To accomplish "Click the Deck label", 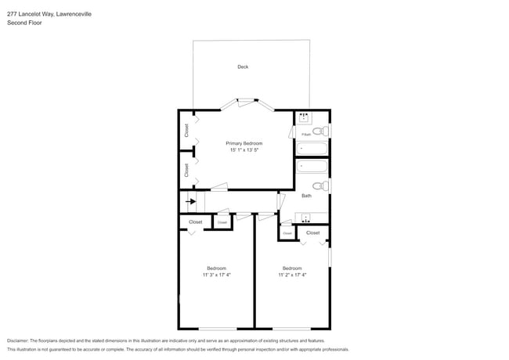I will pos(243,67).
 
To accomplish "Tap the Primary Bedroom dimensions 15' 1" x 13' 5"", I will pos(244,150).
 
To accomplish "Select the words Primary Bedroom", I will pos(244,143).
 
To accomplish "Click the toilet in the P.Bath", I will pos(320,131).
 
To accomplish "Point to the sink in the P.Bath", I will pos(305,119).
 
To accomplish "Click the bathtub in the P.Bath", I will pos(312,149).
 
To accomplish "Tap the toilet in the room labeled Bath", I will pos(320,185).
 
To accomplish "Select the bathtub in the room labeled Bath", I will pos(312,166).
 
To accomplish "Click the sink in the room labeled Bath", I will pos(305,217).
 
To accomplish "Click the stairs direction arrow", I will pos(190,201).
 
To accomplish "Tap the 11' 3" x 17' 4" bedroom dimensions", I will pos(216,275).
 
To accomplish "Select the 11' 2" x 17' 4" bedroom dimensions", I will pos(293,275).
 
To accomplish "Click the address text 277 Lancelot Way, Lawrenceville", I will pos(49,14).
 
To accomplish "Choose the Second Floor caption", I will pos(25,23).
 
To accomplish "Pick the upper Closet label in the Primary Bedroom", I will pos(186,131).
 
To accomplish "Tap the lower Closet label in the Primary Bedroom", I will pos(186,169).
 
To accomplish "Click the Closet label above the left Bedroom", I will pos(195,222).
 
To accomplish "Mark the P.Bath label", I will pos(305,135).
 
